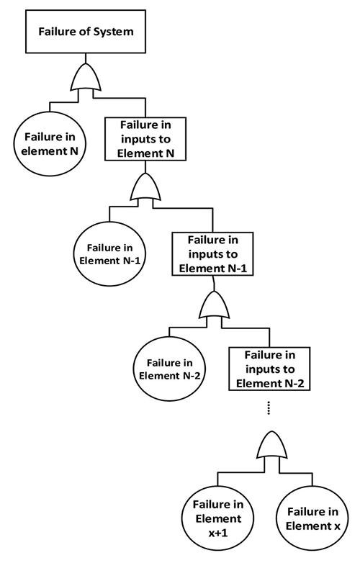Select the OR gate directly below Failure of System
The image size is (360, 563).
pyautogui.click(x=86, y=77)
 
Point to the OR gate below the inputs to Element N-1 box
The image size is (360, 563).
pyautogui.click(x=213, y=307)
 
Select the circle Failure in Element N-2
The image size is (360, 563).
pyautogui.click(x=169, y=369)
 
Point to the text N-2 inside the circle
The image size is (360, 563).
pyautogui.click(x=189, y=375)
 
